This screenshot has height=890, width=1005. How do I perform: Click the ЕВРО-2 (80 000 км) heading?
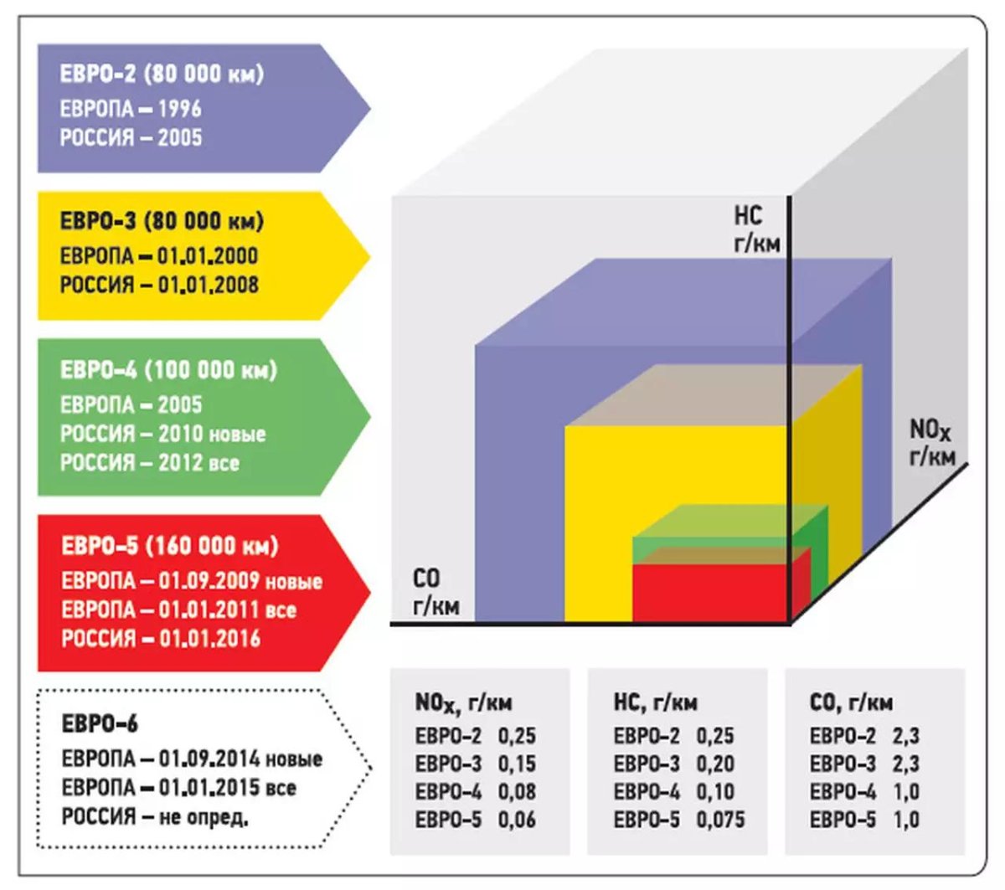click(x=162, y=74)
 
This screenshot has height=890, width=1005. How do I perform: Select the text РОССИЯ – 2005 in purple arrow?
click(x=131, y=137)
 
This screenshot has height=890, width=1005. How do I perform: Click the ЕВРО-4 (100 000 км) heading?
click(x=167, y=370)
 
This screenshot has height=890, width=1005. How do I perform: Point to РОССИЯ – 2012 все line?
click(x=149, y=462)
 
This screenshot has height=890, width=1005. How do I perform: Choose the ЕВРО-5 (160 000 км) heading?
click(x=169, y=547)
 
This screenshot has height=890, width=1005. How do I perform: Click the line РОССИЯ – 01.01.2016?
click(x=161, y=639)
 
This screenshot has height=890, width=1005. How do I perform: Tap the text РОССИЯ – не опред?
click(x=155, y=816)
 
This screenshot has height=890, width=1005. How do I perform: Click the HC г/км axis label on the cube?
click(x=756, y=229)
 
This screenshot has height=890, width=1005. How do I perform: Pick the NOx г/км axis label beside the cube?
click(x=931, y=443)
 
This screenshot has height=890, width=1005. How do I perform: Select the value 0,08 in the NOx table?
click(x=517, y=791)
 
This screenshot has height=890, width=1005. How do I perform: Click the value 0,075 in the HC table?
click(x=720, y=820)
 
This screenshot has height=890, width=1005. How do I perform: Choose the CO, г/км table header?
click(x=851, y=702)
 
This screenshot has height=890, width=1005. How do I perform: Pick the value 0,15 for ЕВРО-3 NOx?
click(x=517, y=764)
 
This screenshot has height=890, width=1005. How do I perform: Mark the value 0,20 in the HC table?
click(x=715, y=764)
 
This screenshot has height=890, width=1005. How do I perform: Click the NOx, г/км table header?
click(x=463, y=703)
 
